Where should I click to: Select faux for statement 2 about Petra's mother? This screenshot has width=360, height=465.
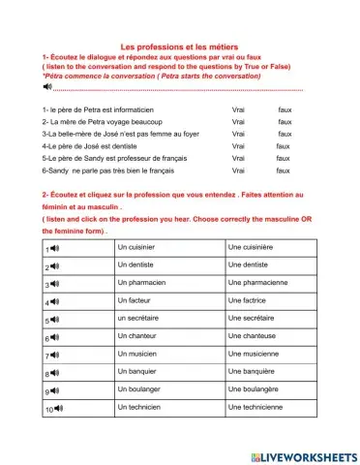(285, 123)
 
